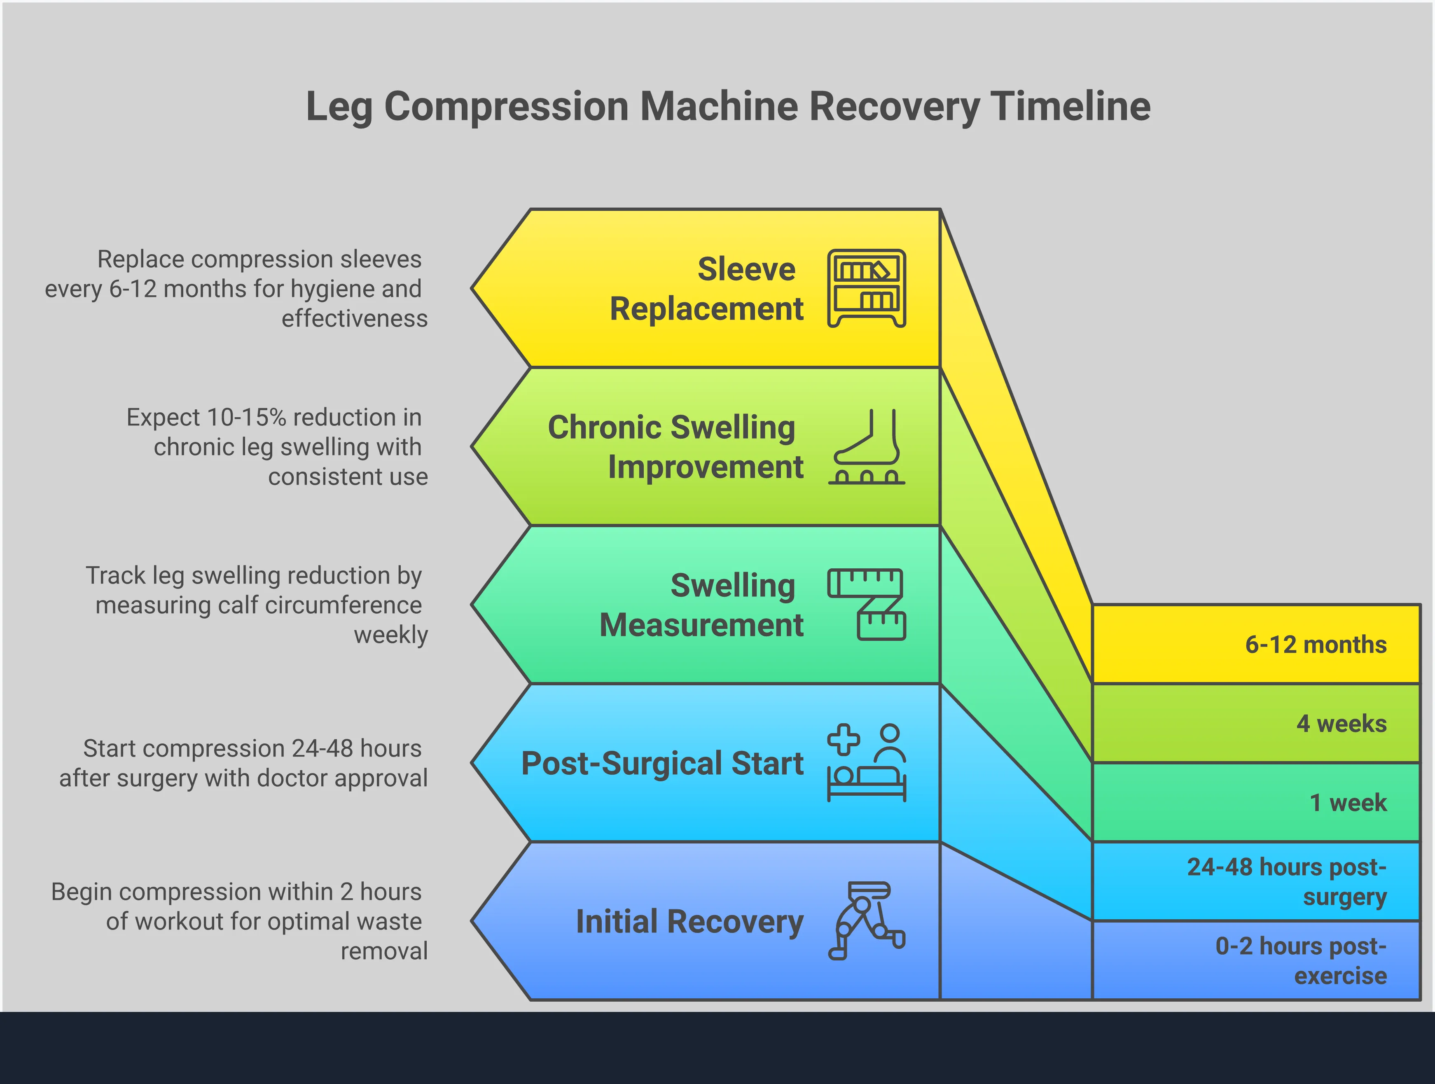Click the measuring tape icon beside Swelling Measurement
coord(867,605)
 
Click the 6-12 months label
coord(1315,644)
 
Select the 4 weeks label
coord(1341,723)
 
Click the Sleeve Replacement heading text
coord(707,289)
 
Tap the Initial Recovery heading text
coord(689,921)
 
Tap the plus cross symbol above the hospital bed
coord(844,740)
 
